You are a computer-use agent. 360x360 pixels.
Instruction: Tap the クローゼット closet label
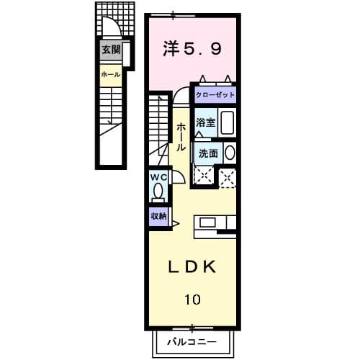click(214, 95)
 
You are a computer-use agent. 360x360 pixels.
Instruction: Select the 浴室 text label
click(206, 122)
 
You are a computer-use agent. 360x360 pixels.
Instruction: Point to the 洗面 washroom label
click(208, 153)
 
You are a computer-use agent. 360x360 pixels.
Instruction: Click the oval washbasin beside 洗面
click(230, 153)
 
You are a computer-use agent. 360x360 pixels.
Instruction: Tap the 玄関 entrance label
click(110, 50)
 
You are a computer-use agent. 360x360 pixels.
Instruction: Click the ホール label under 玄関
click(110, 74)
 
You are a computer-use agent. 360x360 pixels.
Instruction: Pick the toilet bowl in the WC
click(158, 193)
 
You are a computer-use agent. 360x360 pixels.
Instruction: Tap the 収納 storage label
click(158, 216)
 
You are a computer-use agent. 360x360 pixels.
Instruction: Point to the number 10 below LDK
click(192, 298)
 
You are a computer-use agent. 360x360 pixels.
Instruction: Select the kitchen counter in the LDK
click(215, 223)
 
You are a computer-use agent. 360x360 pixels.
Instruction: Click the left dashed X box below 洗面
click(204, 175)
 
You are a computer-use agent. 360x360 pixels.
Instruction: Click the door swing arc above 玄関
click(112, 29)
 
